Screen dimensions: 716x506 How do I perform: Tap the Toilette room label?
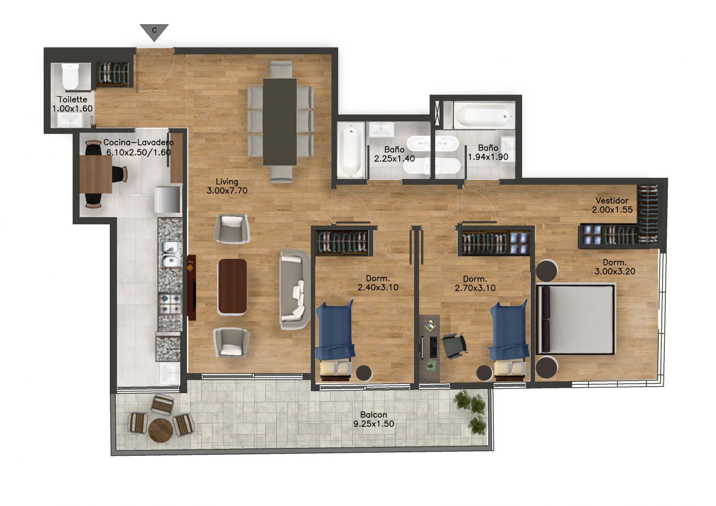pyautogui.click(x=73, y=99)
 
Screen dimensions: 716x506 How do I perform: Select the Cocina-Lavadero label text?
pyautogui.click(x=138, y=143)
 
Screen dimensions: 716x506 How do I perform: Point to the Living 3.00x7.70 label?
pyautogui.click(x=227, y=186)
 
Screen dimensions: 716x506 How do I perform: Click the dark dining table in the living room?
pyautogui.click(x=279, y=122)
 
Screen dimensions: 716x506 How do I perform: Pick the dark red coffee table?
pyautogui.click(x=232, y=287)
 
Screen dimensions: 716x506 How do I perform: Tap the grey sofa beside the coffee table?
pyautogui.click(x=294, y=289)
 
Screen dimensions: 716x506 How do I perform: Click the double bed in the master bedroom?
pyautogui.click(x=576, y=320)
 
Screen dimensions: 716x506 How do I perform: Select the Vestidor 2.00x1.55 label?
pyautogui.click(x=612, y=205)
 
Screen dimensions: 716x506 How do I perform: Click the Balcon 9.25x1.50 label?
pyautogui.click(x=374, y=419)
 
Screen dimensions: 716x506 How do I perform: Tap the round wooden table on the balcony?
pyautogui.click(x=161, y=430)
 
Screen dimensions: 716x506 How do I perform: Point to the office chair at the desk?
pyautogui.click(x=454, y=345)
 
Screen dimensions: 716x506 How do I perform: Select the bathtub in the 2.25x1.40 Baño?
pyautogui.click(x=351, y=150)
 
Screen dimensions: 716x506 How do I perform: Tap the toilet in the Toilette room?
pyautogui.click(x=70, y=77)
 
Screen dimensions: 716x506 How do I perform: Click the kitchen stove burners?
pyautogui.click(x=170, y=304)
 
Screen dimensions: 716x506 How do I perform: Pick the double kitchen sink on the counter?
pyautogui.click(x=170, y=254)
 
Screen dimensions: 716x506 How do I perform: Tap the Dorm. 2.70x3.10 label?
pyautogui.click(x=475, y=283)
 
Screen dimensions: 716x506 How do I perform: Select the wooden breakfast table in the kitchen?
pyautogui.click(x=95, y=174)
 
